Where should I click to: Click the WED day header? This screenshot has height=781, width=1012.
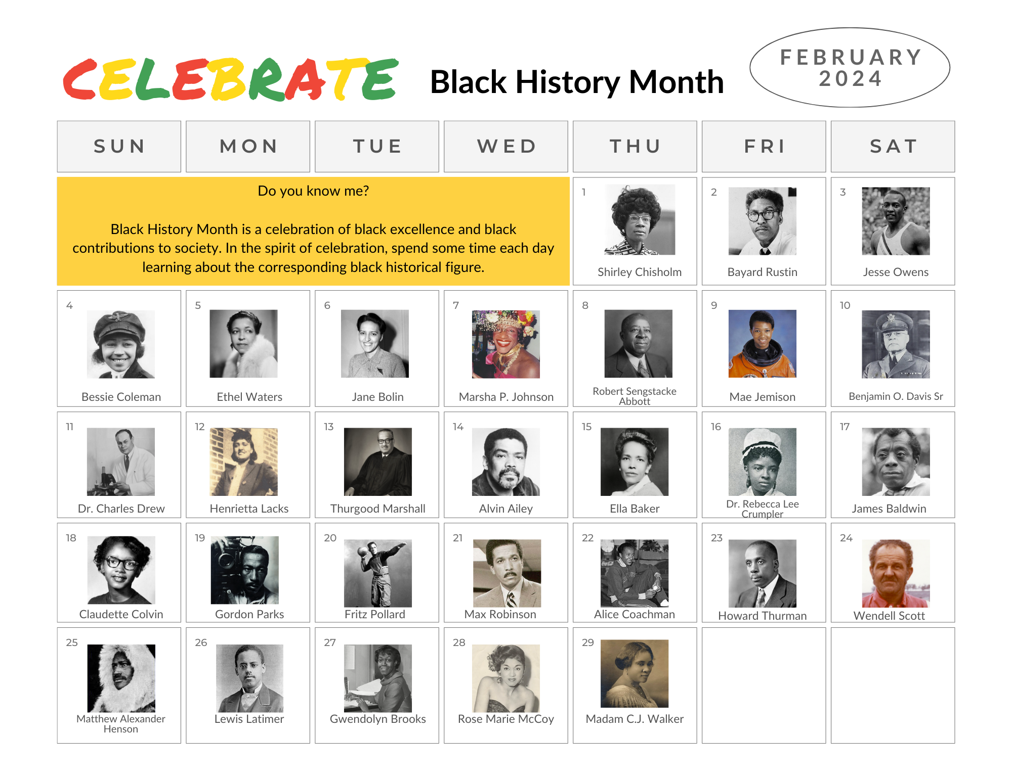(506, 147)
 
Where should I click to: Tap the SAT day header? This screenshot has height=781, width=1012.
(893, 147)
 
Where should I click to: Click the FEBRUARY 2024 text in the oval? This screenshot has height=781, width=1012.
(851, 68)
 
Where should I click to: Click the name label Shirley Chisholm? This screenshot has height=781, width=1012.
(640, 272)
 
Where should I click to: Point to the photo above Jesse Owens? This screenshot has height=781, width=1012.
(896, 221)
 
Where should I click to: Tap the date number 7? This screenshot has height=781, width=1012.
(456, 305)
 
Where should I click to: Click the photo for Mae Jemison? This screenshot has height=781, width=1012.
(762, 344)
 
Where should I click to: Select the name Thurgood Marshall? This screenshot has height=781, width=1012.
(378, 509)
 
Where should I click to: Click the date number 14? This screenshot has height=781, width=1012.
(458, 427)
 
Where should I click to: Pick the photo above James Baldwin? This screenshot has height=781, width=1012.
(896, 462)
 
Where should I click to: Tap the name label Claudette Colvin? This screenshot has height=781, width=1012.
(121, 614)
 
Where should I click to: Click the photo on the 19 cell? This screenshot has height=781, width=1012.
(244, 570)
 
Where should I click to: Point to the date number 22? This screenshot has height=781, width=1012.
(587, 538)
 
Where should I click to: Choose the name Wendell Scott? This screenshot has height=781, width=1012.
(889, 616)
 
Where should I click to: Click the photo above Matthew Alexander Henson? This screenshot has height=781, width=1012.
(121, 678)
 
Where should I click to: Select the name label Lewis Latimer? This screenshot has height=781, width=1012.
(249, 719)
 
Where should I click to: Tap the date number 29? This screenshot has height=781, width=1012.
(588, 642)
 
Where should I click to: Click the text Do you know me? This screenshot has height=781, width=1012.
(313, 191)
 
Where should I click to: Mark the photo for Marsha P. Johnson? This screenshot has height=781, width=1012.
(506, 344)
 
